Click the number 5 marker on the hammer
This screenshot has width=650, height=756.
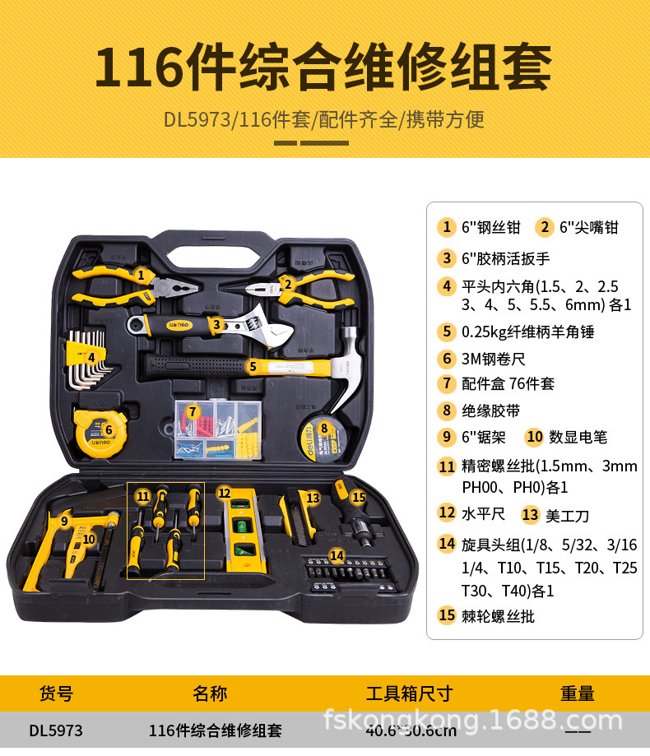click(x=253, y=365)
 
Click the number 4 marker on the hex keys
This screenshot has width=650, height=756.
click(x=91, y=357)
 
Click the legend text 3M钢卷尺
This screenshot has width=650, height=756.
click(x=494, y=359)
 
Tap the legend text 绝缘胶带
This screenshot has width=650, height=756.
click(x=491, y=410)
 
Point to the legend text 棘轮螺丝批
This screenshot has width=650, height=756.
click(x=498, y=615)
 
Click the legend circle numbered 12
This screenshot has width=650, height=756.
click(x=447, y=513)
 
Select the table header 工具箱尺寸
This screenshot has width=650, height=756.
click(x=409, y=693)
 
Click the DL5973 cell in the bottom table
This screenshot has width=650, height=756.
click(x=56, y=730)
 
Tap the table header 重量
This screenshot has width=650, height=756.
click(x=578, y=693)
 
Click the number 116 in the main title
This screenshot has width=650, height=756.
click(x=137, y=69)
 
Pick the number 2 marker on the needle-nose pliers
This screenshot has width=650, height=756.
click(x=288, y=284)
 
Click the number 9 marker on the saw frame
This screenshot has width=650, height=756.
click(x=64, y=520)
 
